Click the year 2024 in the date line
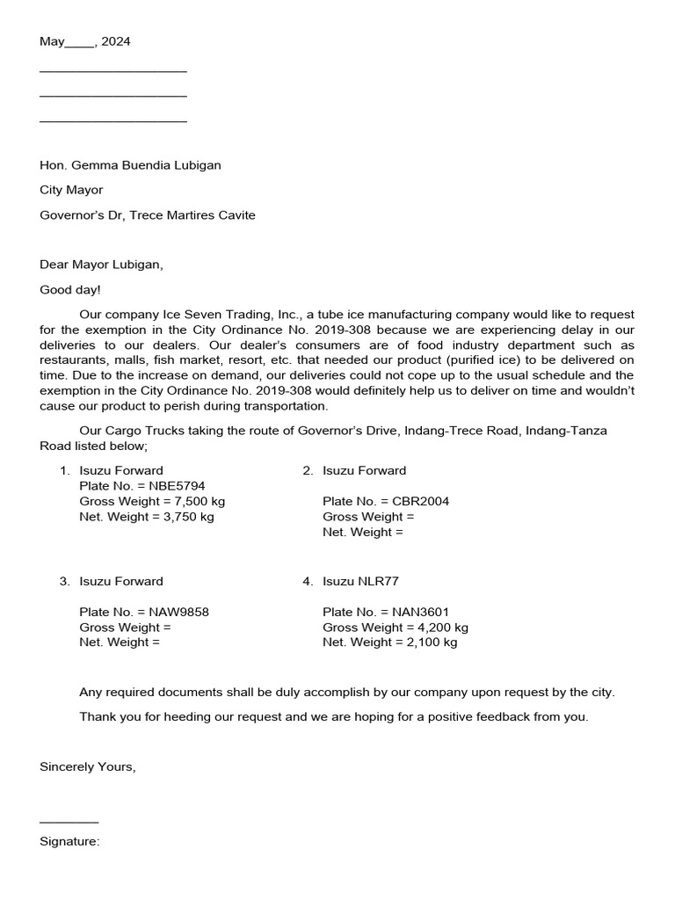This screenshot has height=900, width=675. click(116, 41)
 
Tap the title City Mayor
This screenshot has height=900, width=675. click(71, 190)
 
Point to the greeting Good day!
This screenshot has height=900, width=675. click(70, 289)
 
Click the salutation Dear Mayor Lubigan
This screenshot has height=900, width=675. click(101, 264)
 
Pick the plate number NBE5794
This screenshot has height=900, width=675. click(178, 485)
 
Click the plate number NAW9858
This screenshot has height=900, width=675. click(179, 612)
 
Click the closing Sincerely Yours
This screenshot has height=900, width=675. click(88, 766)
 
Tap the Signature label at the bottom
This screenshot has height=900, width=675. click(69, 842)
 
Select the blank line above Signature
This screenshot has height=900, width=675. click(69, 821)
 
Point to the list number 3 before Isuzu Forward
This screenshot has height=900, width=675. click(63, 581)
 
